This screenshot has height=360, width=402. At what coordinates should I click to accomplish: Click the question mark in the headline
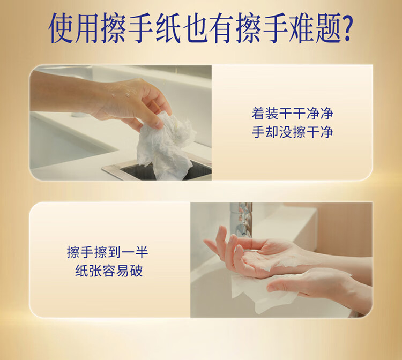[x=347, y=28]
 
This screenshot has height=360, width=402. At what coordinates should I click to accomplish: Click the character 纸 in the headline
[x=167, y=28]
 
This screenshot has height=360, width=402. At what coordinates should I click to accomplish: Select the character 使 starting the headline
[x=61, y=28]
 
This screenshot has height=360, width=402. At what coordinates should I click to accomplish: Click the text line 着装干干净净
[x=292, y=114]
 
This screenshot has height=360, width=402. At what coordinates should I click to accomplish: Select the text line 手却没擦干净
[x=292, y=132]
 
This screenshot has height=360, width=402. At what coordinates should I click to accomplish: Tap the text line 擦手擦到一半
[x=107, y=252]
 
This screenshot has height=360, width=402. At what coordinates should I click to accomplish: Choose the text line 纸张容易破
[x=109, y=271]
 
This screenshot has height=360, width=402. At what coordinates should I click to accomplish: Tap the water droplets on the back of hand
[x=123, y=92]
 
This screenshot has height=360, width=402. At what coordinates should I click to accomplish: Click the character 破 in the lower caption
[x=136, y=271]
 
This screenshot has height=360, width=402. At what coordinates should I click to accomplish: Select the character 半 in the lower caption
[x=142, y=252]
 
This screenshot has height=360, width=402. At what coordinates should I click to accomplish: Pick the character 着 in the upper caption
[x=258, y=114]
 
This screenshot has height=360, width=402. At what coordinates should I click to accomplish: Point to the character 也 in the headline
[x=194, y=28]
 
